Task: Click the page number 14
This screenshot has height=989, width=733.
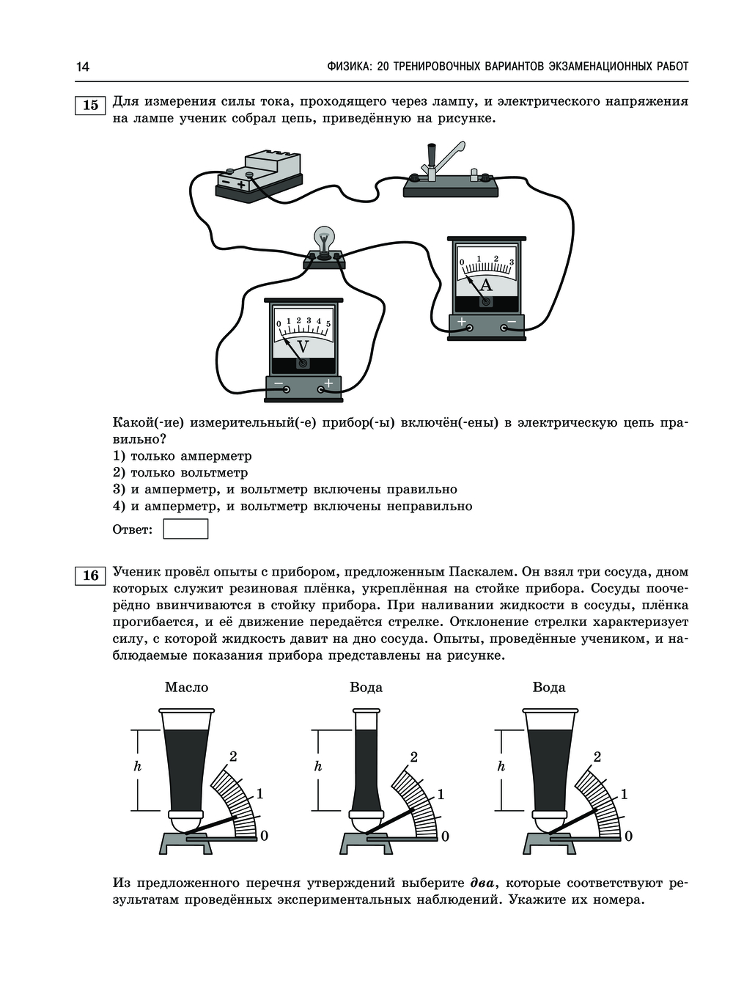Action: coord(82,67)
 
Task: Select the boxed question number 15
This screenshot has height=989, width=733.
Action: coord(90,105)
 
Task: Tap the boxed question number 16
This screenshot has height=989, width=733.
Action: coord(90,576)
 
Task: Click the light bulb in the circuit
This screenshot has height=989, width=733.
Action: coord(324,239)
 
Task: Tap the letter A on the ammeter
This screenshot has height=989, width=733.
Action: coord(486,285)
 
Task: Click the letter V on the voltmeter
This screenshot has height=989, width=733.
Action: coord(303,346)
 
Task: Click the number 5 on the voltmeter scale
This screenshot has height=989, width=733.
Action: coord(328,323)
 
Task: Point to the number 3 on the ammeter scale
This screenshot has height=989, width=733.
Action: coord(511,262)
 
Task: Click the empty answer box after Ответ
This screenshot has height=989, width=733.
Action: coord(185,529)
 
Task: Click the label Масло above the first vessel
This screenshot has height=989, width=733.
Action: coord(186,687)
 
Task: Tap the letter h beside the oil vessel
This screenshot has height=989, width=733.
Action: coord(137,767)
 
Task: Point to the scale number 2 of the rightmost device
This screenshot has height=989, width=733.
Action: coord(597,757)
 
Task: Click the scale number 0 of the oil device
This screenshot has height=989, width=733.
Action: coord(264,836)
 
